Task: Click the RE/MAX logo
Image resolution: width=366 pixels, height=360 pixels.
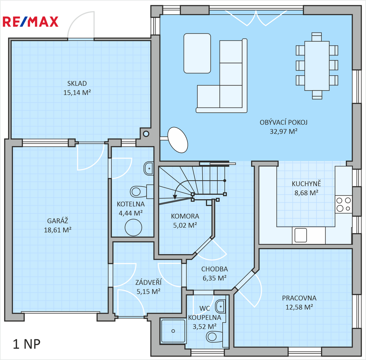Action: pyautogui.click(x=30, y=21)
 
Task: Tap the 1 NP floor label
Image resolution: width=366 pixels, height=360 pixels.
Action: pyautogui.click(x=27, y=344)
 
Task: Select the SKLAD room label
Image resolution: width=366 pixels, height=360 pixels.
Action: pyautogui.click(x=77, y=83)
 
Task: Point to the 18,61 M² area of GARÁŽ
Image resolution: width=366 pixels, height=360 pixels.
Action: pyautogui.click(x=58, y=230)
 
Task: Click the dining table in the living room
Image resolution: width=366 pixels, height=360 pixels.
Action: pyautogui.click(x=317, y=66)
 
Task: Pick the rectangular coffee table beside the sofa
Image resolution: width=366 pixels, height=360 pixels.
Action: pyautogui.click(x=197, y=53)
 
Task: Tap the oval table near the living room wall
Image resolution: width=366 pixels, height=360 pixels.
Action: pyautogui.click(x=177, y=140)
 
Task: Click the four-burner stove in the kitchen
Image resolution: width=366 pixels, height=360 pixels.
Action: pyautogui.click(x=343, y=204)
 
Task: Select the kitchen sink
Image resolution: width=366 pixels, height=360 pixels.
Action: pyautogui.click(x=301, y=235)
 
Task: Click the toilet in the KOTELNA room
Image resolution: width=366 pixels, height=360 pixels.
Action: pyautogui.click(x=141, y=191)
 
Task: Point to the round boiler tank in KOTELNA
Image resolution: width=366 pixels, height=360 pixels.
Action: pyautogui.click(x=133, y=227)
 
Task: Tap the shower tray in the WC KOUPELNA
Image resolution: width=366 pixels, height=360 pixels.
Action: pyautogui.click(x=173, y=331)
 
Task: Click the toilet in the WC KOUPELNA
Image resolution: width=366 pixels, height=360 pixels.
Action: pyautogui.click(x=214, y=337)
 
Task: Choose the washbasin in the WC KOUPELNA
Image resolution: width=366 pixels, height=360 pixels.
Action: pyautogui.click(x=220, y=306)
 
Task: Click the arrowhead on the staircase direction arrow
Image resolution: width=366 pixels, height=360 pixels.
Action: pyautogui.click(x=175, y=197)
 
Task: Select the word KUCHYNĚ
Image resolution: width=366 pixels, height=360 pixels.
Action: pyautogui.click(x=306, y=184)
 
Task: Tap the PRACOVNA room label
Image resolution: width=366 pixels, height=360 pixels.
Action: pyautogui.click(x=299, y=298)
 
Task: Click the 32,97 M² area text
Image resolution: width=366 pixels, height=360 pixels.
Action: pyautogui.click(x=283, y=131)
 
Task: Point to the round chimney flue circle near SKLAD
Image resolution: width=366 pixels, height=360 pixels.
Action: pyautogui.click(x=146, y=134)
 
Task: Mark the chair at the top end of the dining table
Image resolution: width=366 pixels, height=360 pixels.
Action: pyautogui.click(x=317, y=37)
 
